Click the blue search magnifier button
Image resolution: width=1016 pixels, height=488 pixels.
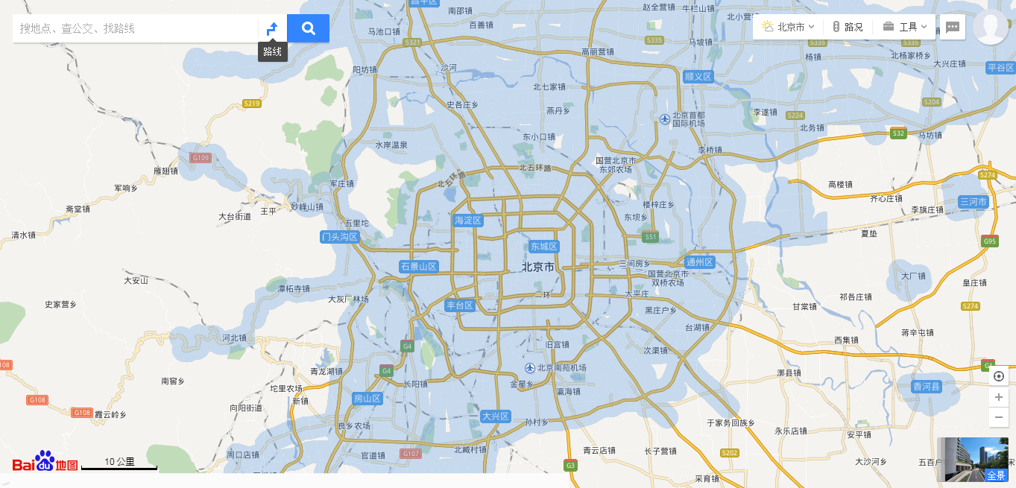pos(308,28)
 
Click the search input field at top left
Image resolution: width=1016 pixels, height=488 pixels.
pos(134,28)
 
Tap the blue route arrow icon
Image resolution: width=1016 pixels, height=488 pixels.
pos(272,28)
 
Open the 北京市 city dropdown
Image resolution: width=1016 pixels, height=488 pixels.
pos(788,27)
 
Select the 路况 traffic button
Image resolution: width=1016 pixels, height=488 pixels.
pos(848,27)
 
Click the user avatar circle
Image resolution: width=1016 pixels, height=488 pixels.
pos(991,27)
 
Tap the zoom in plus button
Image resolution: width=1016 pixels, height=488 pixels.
pos(999,397)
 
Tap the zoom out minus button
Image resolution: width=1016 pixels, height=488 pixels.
pos(999,417)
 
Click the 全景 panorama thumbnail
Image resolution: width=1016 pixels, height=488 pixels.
pos(973,459)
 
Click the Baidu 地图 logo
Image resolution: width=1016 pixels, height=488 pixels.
pos(45,463)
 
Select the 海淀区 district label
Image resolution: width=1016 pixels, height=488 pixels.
pos(469,221)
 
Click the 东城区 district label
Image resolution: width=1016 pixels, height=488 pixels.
pos(544,247)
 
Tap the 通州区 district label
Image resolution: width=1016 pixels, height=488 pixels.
pos(700,262)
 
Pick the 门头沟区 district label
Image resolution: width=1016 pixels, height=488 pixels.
pos(340,237)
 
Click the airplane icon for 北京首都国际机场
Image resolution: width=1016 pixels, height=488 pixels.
pos(664,118)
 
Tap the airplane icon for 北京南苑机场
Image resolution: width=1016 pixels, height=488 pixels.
pos(529,368)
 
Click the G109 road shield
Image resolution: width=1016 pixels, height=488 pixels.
pos(201,158)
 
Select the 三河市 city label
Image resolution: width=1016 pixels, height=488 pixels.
pos(974,202)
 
